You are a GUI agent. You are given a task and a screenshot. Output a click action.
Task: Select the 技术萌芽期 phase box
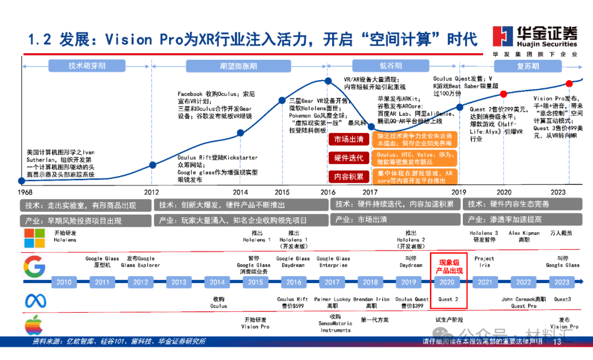click(87, 66)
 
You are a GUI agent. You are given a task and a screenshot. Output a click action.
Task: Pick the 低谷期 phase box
click(390, 66)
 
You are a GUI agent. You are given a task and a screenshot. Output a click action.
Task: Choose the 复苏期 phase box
click(528, 66)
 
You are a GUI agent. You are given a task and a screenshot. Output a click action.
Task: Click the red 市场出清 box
click(349, 139)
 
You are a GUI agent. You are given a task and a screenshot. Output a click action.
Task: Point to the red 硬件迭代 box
click(349, 158)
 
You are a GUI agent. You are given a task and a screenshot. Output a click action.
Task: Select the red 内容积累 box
click(349, 177)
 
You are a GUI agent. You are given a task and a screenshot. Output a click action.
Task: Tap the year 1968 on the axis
click(25, 192)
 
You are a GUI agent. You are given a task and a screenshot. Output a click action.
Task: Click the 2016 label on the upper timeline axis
click(328, 192)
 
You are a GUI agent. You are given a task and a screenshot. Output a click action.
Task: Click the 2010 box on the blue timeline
click(64, 282)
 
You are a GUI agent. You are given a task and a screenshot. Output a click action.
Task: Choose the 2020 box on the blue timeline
click(447, 282)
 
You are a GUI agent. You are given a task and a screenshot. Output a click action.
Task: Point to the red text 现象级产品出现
click(449, 263)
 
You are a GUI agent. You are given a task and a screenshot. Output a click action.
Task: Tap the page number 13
click(557, 342)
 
